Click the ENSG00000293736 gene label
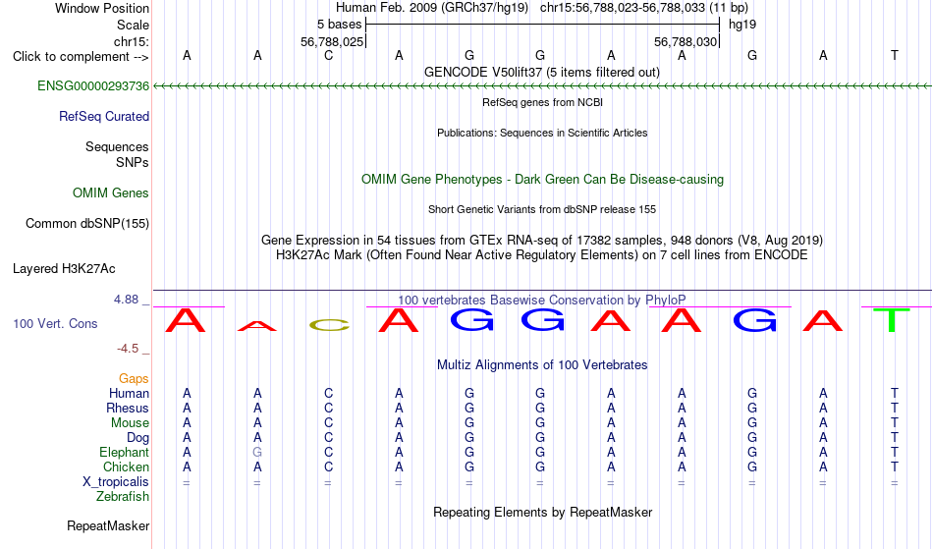coord(93,86)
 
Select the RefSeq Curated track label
coord(104,117)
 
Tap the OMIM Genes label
coord(111,193)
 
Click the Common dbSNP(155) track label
coord(87,224)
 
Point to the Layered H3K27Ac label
coord(64,269)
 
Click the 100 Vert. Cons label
coord(55,323)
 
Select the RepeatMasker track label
coord(108,525)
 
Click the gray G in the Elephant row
coord(257,452)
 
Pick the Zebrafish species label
coord(123,497)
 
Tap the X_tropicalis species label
coord(116,482)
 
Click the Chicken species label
coord(126,467)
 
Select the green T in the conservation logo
coord(892,320)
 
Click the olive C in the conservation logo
coord(329,325)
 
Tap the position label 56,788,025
coord(332,41)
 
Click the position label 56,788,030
coord(686,41)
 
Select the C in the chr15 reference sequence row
coord(328,56)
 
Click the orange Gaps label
coord(134,379)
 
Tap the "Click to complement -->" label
coord(81,57)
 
